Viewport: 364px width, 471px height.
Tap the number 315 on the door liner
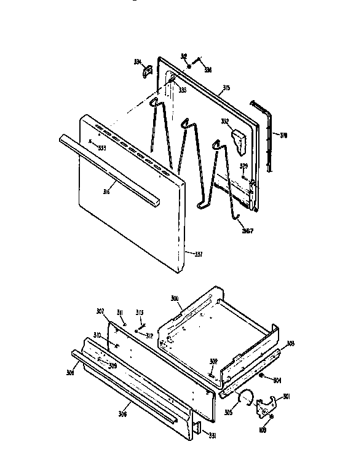tap(226, 88)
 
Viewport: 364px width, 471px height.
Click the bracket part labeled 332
tap(240, 139)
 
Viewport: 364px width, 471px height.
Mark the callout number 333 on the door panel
tap(101, 147)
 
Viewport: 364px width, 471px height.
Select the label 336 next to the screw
tap(208, 70)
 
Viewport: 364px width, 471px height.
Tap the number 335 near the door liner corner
tap(183, 90)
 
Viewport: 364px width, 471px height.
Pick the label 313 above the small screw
tap(140, 312)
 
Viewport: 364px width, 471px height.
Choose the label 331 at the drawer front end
tap(212, 437)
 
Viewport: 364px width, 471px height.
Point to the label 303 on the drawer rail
tap(290, 343)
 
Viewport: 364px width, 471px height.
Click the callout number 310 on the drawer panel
tap(97, 335)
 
